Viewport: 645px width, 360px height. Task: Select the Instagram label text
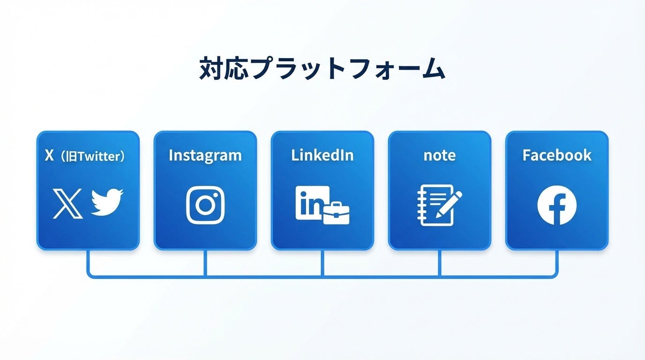click(205, 155)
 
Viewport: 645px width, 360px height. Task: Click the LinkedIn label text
click(322, 155)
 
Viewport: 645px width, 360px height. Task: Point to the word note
click(440, 155)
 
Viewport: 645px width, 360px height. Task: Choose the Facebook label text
click(557, 155)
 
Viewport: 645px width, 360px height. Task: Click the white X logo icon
click(68, 203)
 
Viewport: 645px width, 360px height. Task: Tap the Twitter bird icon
click(107, 202)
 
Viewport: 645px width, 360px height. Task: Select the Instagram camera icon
click(205, 205)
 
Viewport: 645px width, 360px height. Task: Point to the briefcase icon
click(337, 213)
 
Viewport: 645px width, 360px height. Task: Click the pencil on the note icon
click(449, 204)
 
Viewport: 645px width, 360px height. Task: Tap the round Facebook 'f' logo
click(557, 205)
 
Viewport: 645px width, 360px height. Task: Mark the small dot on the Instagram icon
click(217, 193)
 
